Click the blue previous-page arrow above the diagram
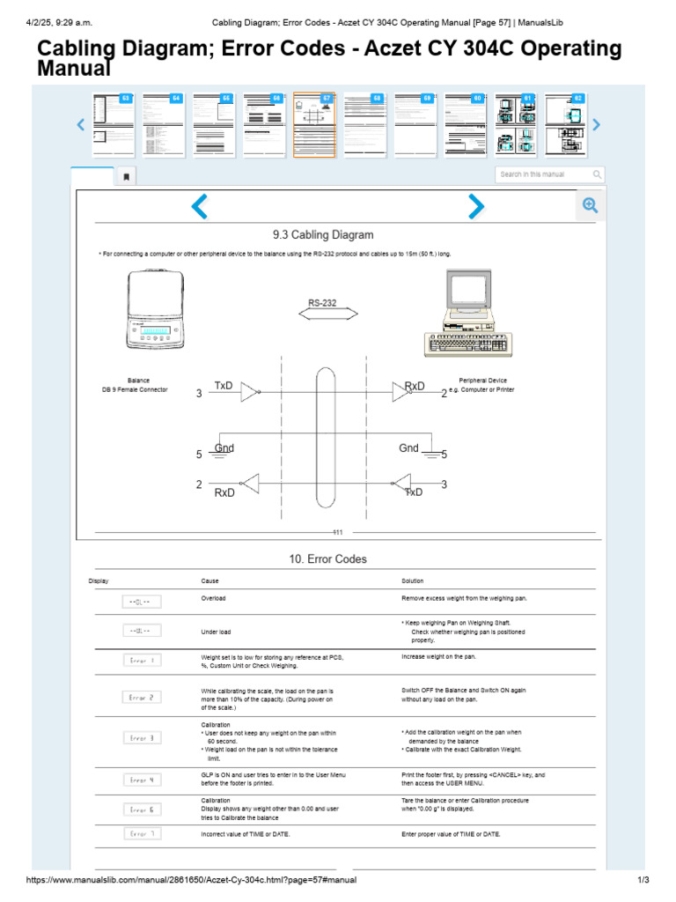200,207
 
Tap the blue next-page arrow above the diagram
475,206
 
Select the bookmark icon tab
126,176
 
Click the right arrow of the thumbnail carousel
597,125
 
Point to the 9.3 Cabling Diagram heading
323,235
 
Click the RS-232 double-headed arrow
323,314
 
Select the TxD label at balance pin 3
224,386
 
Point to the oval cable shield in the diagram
325,438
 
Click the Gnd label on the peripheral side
408,448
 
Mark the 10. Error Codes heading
327,559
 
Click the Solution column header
413,581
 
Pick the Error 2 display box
142,697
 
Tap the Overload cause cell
214,598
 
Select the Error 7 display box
142,833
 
